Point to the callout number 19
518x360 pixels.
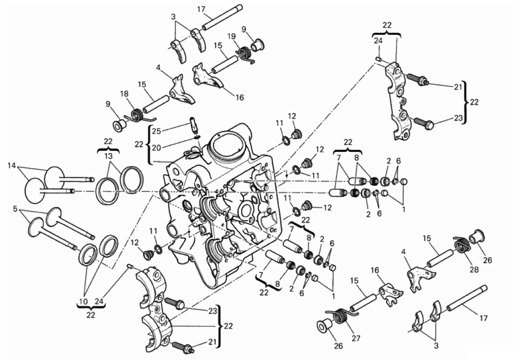[231, 36]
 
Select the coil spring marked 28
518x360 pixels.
[460, 245]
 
